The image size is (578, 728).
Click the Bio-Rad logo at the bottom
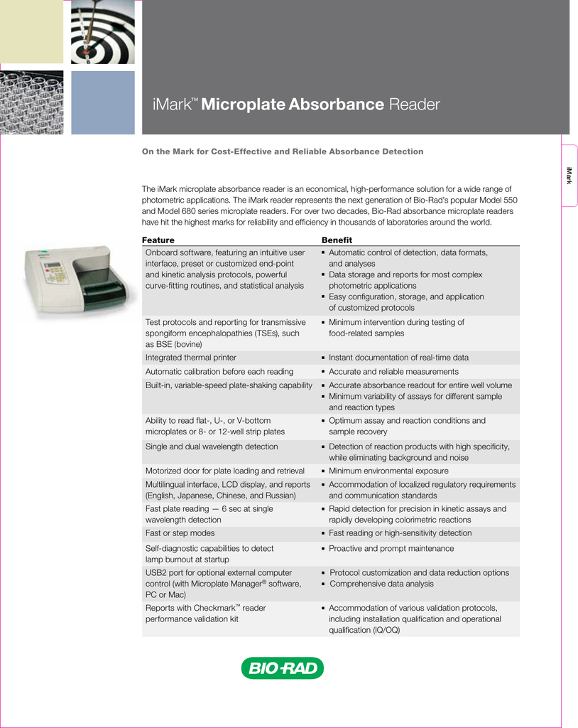(282, 668)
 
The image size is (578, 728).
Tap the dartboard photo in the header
(103, 32)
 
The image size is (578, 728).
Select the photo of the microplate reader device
(75, 282)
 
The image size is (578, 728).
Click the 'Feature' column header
(158, 240)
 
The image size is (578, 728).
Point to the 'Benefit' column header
(337, 240)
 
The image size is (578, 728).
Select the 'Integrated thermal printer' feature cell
(191, 358)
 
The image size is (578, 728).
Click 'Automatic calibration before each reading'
(219, 372)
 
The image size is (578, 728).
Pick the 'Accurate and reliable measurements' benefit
(393, 372)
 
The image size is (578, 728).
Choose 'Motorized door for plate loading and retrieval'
(225, 471)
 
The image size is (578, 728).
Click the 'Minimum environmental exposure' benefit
(388, 471)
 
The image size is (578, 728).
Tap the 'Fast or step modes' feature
(180, 533)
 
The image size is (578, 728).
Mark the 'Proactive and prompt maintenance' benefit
(391, 549)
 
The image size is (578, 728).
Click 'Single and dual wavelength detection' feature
(212, 446)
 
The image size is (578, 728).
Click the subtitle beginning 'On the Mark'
(283, 151)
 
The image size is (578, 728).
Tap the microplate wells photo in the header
(32, 103)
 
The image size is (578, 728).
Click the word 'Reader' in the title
(415, 105)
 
